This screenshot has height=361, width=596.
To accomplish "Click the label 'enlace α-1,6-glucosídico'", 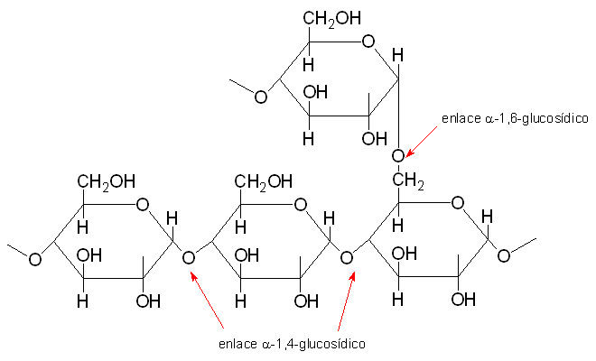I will pyautogui.click(x=514, y=118).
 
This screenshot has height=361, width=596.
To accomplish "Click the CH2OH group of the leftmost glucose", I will pyautogui.click(x=106, y=183).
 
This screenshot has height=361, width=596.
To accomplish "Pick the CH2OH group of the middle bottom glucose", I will pyautogui.click(x=265, y=183).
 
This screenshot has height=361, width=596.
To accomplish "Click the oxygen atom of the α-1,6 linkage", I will pyautogui.click(x=397, y=156).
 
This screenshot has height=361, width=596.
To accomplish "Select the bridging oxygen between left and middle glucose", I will pyautogui.click(x=189, y=259).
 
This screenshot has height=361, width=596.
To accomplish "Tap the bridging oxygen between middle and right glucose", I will pyautogui.click(x=348, y=259).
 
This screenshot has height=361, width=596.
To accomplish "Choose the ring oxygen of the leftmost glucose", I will pyautogui.click(x=142, y=204).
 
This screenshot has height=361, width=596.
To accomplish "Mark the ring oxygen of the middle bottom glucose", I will pyautogui.click(x=301, y=204).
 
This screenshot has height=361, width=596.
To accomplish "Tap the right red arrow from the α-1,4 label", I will pyautogui.click(x=345, y=302).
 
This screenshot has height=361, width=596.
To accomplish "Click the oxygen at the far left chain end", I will pyautogui.click(x=34, y=259).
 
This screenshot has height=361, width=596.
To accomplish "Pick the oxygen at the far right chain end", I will pyautogui.click(x=503, y=255).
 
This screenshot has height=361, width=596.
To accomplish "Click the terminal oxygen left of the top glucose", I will pyautogui.click(x=260, y=96).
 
